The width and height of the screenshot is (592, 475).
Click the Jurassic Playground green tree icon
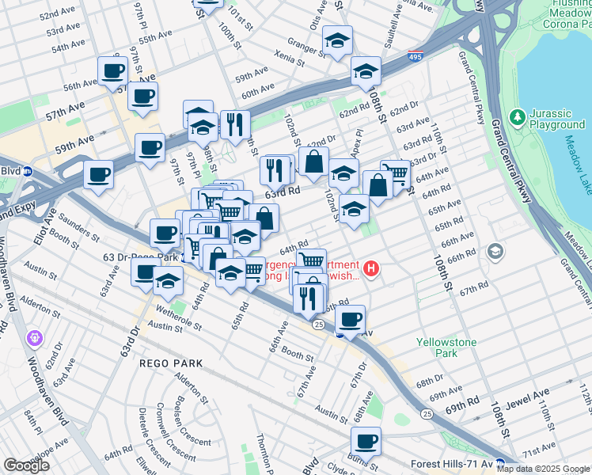pos(518,117)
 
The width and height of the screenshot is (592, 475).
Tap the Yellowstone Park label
pos(447,348)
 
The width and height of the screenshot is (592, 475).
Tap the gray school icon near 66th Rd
pos(495,253)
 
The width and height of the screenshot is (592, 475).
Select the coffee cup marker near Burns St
pos(366,442)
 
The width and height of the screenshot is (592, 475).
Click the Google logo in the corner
pos(26,465)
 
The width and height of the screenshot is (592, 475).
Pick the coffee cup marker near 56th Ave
pos(113,71)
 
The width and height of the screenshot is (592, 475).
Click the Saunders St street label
pos(78,231)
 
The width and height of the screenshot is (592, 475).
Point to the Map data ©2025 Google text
pos(542,468)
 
